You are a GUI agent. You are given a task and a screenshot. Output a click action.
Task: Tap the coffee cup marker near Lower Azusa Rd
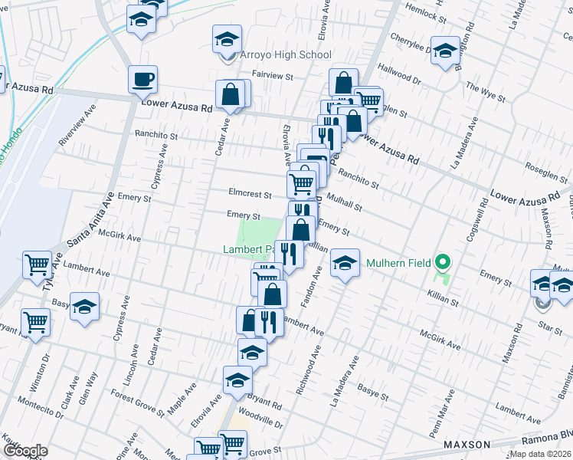pos(142,78)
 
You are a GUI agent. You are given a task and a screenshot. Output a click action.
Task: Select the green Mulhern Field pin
pos(441,263)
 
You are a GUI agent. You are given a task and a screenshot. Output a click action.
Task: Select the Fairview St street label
pos(273,77)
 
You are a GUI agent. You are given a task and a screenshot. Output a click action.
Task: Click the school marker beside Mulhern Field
pos(345,264)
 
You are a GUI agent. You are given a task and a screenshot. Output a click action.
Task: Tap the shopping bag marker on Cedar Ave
pos(231,97)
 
